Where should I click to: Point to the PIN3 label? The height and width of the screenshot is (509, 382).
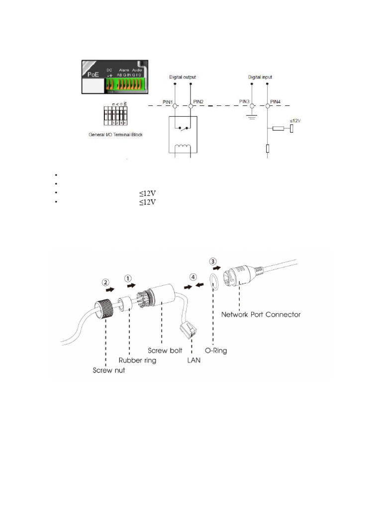pos(244,102)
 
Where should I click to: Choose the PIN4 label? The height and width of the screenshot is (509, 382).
pos(276,102)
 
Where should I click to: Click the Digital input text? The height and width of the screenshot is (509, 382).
pos(260,78)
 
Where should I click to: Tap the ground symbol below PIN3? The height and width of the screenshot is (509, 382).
pos(252,118)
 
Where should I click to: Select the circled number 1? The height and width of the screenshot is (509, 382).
pos(128,279)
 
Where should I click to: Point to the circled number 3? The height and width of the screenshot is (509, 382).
pos(213,261)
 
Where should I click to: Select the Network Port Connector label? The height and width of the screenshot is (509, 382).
pos(261,315)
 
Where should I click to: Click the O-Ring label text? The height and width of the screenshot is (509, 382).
pos(216,350)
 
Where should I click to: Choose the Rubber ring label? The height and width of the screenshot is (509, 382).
pos(136,360)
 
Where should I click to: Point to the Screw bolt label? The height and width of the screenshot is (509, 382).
pos(166,350)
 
